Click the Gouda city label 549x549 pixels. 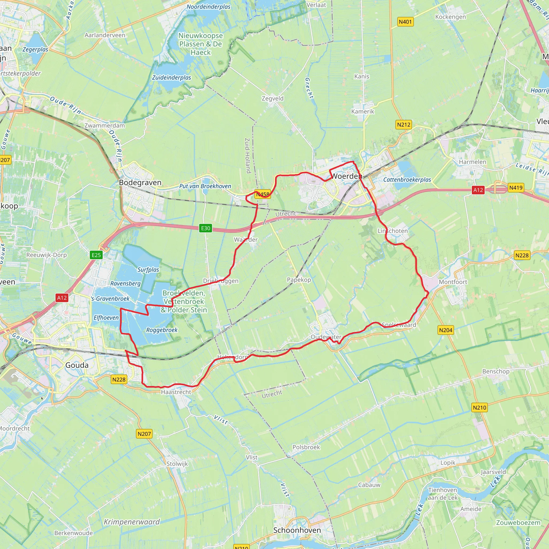[77, 365]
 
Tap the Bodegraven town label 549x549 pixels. [140, 183]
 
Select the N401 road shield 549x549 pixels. [405, 22]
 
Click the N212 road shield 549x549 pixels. [403, 124]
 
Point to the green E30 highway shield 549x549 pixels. [205, 228]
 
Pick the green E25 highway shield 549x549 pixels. [96, 255]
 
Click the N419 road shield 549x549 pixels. [516, 188]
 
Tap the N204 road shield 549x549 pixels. [446, 330]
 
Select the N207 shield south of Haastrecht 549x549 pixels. [144, 434]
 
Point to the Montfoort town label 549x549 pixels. [453, 282]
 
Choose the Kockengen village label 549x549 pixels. [450, 17]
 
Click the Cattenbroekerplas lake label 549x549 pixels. [407, 180]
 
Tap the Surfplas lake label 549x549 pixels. [148, 270]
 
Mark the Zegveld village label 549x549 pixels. [273, 99]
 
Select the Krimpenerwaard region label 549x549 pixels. [132, 522]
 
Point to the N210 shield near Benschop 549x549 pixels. [479, 407]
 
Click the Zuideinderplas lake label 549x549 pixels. [171, 77]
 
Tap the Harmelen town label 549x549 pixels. [473, 162]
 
